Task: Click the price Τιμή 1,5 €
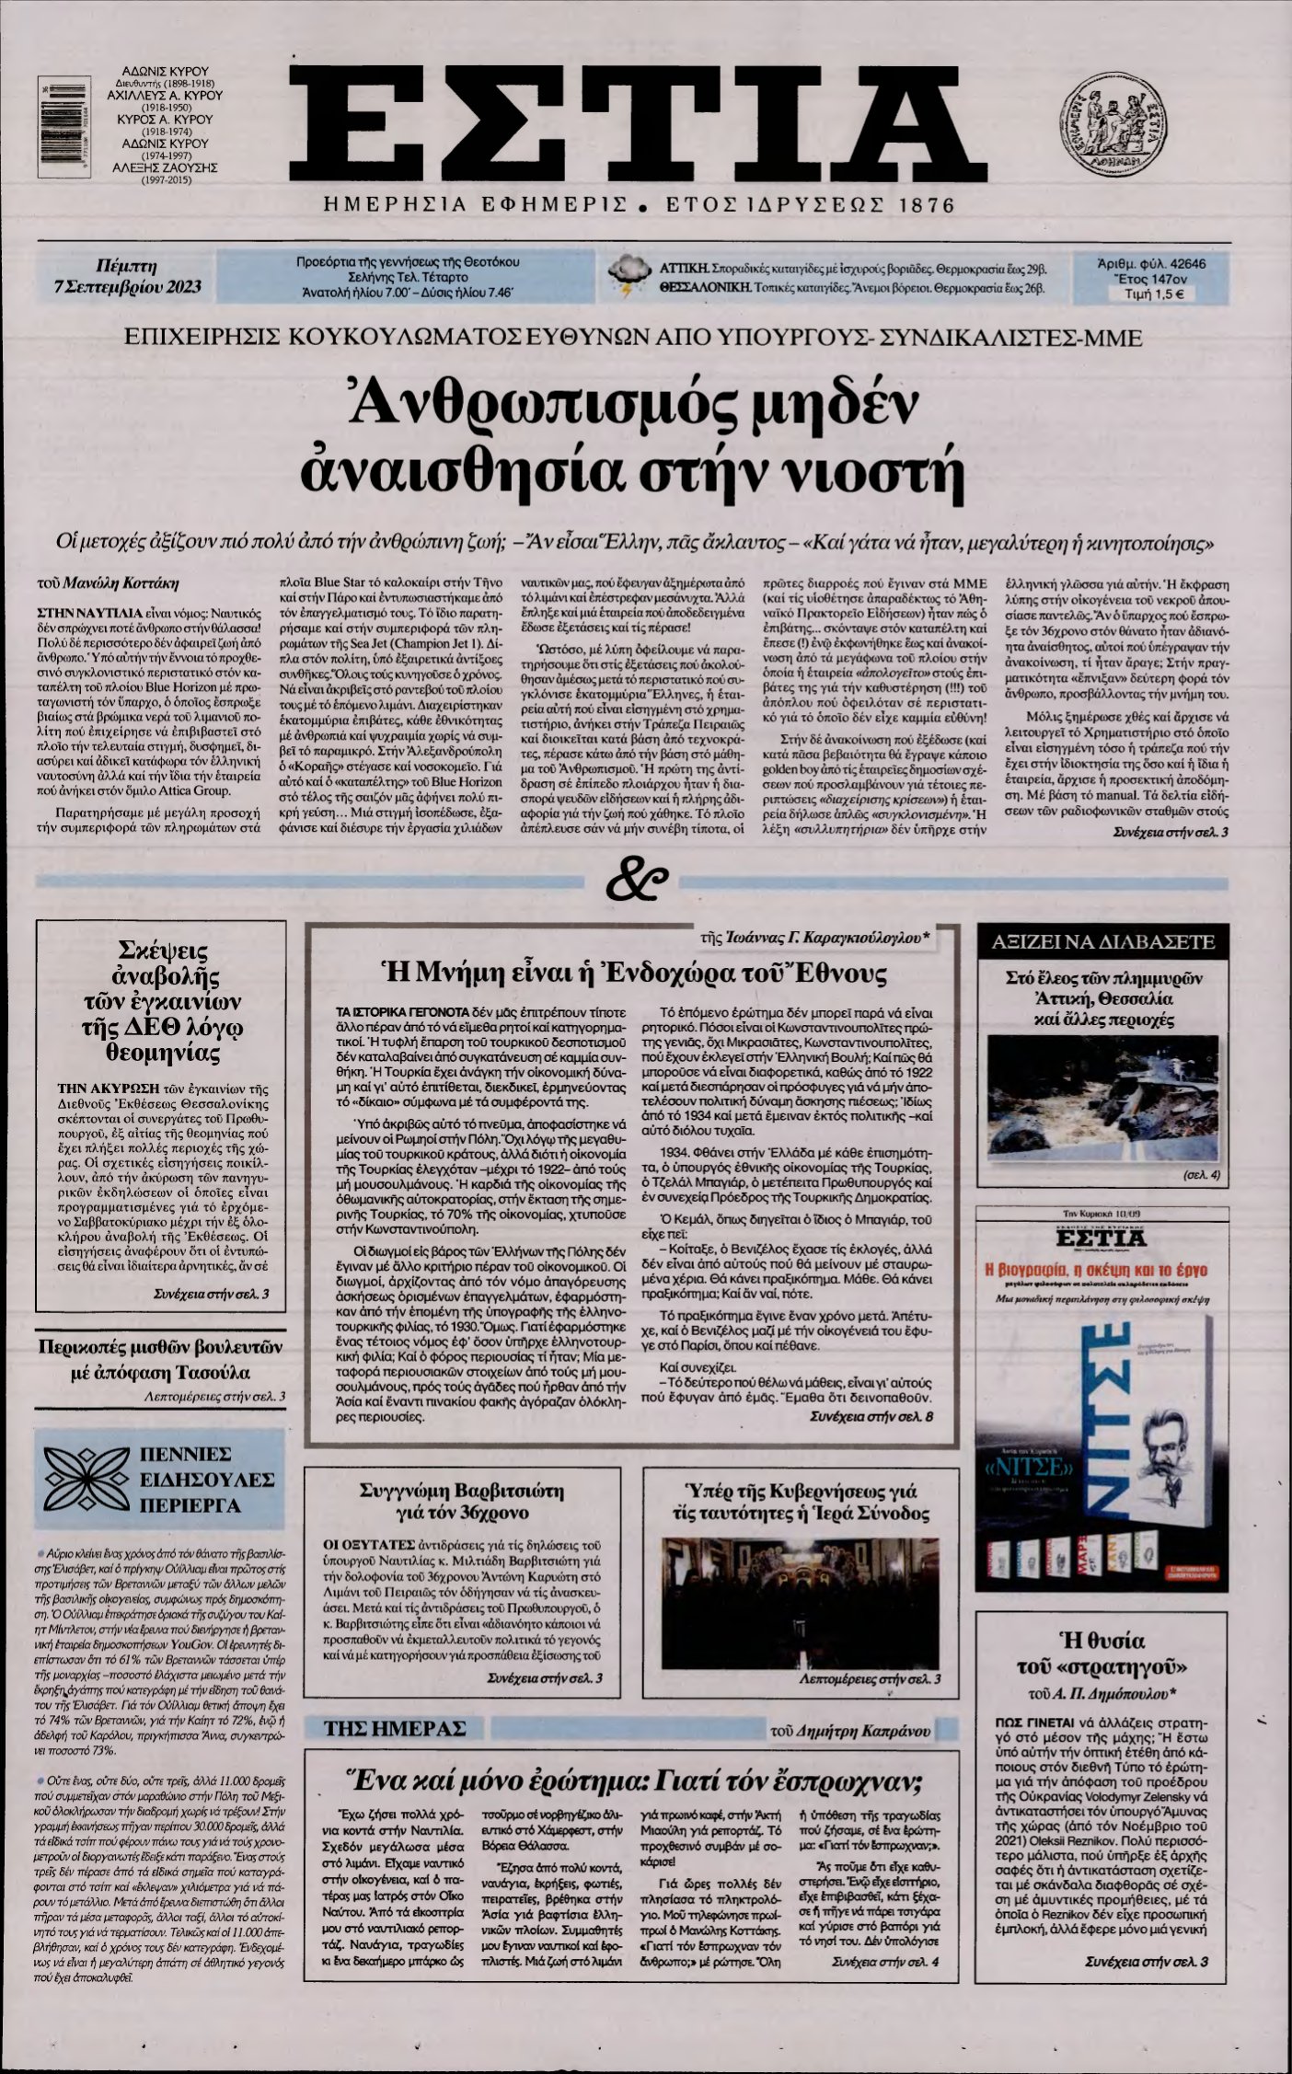pyautogui.click(x=1154, y=294)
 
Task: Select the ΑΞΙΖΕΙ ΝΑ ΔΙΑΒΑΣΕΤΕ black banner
pyautogui.click(x=1102, y=941)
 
